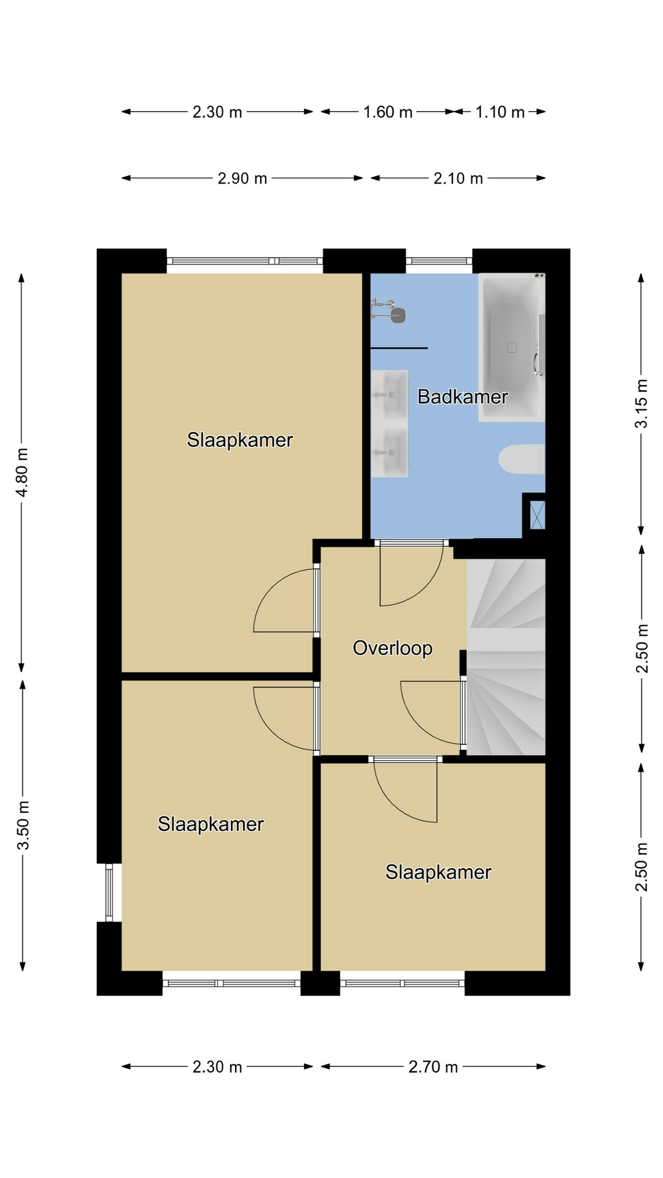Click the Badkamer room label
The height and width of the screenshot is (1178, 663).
[x=462, y=396]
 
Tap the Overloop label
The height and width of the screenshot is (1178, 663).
[x=392, y=648]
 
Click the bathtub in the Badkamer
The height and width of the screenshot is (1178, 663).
[x=511, y=347]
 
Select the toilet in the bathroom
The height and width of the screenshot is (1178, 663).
[x=521, y=460]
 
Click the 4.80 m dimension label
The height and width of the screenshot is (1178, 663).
[x=21, y=472]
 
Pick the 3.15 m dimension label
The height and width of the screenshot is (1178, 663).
[x=641, y=404]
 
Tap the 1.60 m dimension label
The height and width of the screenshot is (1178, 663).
[x=388, y=112]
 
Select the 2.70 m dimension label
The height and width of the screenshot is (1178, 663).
[x=433, y=1067]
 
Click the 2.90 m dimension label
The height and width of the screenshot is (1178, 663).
[x=242, y=178]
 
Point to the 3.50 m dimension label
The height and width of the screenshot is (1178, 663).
[x=23, y=825]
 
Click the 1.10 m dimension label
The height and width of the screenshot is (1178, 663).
[x=500, y=112]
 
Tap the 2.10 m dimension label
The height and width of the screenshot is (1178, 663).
[x=459, y=178]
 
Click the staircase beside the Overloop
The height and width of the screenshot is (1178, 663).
[x=506, y=656]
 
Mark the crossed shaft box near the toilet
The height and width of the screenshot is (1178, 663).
[x=537, y=515]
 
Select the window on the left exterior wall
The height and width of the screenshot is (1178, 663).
[x=109, y=892]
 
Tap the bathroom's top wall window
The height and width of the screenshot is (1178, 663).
[x=439, y=261]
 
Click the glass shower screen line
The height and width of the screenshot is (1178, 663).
[x=399, y=348]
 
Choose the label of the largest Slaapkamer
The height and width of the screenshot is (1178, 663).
[x=240, y=440]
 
